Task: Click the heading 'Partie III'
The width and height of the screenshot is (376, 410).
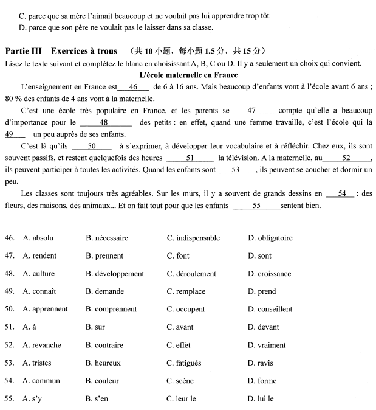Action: (x=24, y=50)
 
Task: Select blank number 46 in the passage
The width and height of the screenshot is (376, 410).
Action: (x=134, y=87)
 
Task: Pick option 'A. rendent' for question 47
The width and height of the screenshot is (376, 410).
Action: (x=39, y=256)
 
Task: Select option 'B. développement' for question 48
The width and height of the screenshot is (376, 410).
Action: (x=115, y=274)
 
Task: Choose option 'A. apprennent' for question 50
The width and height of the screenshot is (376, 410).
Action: (x=45, y=309)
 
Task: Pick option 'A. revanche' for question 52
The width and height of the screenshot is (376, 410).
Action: (x=41, y=345)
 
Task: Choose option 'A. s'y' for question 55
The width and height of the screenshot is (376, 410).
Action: (x=33, y=399)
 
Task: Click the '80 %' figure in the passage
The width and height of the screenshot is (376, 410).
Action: (x=12, y=99)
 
